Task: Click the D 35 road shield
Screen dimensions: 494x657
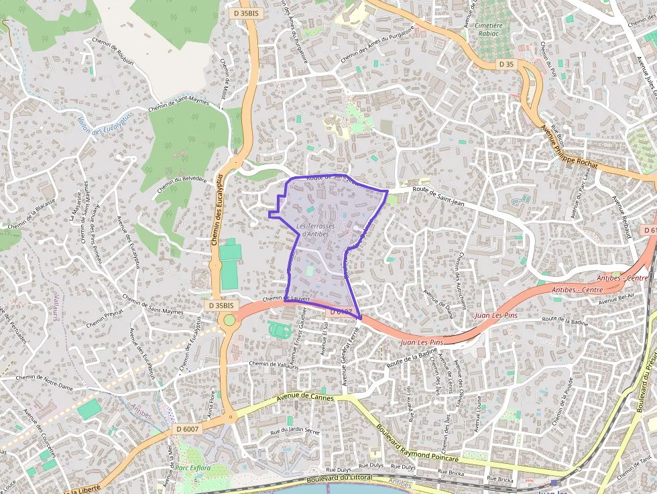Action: point(507,64)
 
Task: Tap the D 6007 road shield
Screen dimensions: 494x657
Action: point(188,428)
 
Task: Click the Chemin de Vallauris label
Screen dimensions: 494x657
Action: point(274,364)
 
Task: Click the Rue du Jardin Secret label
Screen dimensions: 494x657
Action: point(295,430)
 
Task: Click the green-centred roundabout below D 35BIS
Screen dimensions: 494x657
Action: point(230,320)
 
